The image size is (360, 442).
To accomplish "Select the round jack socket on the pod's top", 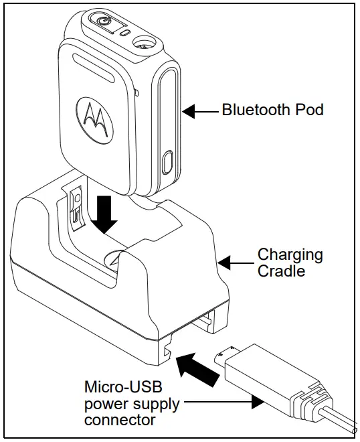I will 143,43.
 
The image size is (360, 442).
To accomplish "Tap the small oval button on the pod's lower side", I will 167,163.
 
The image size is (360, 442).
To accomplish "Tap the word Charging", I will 290,255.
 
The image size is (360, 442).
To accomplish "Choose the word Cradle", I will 280,271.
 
